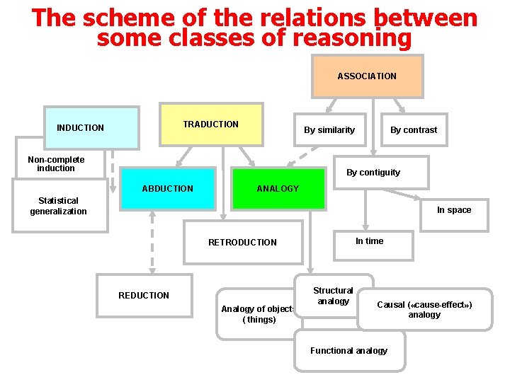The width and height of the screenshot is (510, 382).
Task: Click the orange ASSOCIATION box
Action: point(367,76)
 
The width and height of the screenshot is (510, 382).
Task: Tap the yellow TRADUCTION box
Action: point(211,125)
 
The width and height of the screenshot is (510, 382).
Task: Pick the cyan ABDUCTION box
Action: point(167,189)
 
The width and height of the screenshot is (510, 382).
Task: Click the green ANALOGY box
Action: point(278,189)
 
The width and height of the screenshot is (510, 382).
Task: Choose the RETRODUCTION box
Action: point(242,243)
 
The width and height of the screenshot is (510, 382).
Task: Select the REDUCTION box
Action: point(144,295)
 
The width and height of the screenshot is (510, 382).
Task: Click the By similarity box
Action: point(329,129)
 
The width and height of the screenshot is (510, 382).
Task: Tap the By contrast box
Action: point(414,129)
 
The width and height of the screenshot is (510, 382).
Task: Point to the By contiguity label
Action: point(373,173)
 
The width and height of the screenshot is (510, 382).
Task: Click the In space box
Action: point(454,210)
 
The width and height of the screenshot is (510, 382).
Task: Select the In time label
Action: point(370,241)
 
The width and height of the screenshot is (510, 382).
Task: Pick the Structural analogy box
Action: point(333,296)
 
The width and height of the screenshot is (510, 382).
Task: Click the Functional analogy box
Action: point(349,351)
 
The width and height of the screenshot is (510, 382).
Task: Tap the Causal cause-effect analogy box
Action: point(424,309)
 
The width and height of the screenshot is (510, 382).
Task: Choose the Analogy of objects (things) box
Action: point(259,313)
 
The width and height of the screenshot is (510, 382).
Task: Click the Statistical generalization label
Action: point(59,206)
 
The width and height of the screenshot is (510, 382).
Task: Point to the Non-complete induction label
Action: point(56,164)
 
